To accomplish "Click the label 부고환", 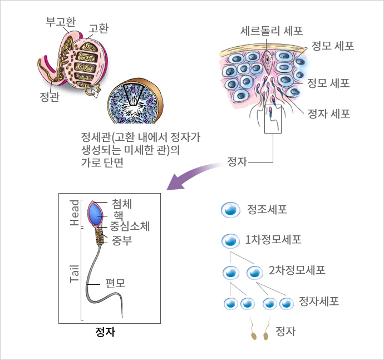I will tap(60, 22).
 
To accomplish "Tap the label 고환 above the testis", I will tap(99, 28).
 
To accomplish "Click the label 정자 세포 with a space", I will tap(329, 114).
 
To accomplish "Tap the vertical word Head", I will tap(75, 213).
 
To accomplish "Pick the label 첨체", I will tap(122, 203).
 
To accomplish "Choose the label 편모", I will tap(115, 283).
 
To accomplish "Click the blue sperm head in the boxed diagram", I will tap(96, 214).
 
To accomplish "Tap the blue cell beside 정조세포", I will tap(230, 210).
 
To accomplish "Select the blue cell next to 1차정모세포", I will tap(230, 241).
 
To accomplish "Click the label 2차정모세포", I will tap(297, 271).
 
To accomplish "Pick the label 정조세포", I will tap(267, 210).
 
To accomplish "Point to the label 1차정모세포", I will tap(273, 241).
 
